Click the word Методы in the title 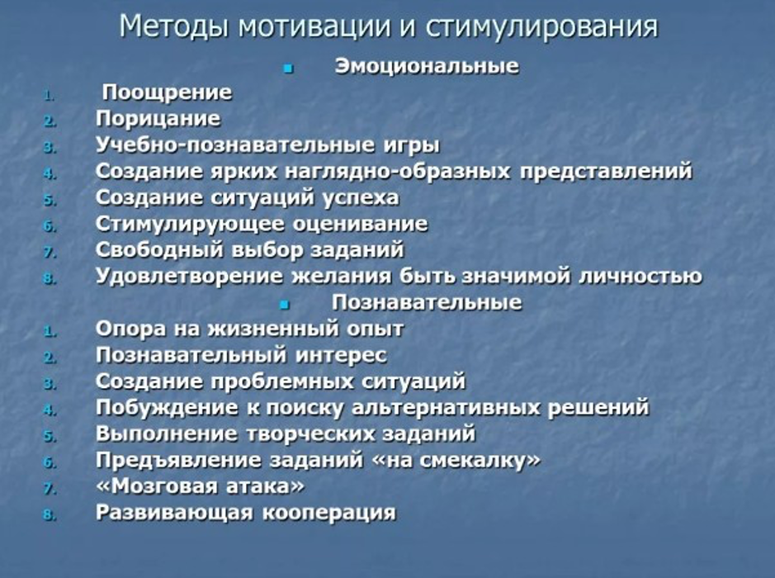coord(174,26)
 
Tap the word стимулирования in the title coord(541,26)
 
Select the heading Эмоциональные coord(427,66)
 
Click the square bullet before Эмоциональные coord(288,69)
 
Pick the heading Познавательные coord(427,302)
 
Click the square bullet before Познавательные coord(284,305)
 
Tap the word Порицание coord(158,119)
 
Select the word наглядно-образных coord(398,171)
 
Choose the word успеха coord(361,198)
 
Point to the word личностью coord(640,277)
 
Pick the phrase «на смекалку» coord(456,460)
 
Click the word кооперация coord(329,513)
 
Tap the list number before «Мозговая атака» coord(50,490)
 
